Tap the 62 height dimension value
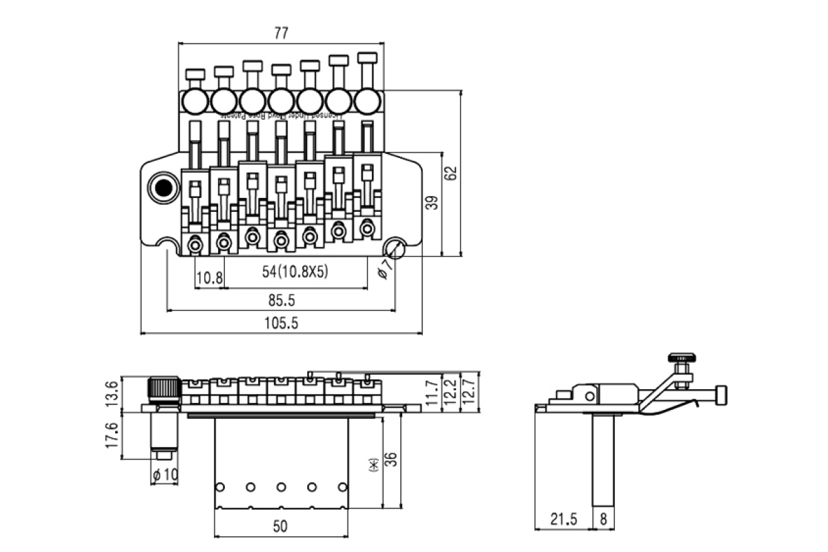point(451,173)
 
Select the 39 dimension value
point(432,204)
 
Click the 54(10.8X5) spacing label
point(295,272)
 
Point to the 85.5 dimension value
point(282,300)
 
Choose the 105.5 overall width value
point(281,323)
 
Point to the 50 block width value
point(279,526)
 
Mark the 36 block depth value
point(391,460)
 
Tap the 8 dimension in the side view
point(604,520)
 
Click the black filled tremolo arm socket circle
point(164,188)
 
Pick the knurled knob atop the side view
point(681,357)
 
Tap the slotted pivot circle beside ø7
point(396,247)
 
